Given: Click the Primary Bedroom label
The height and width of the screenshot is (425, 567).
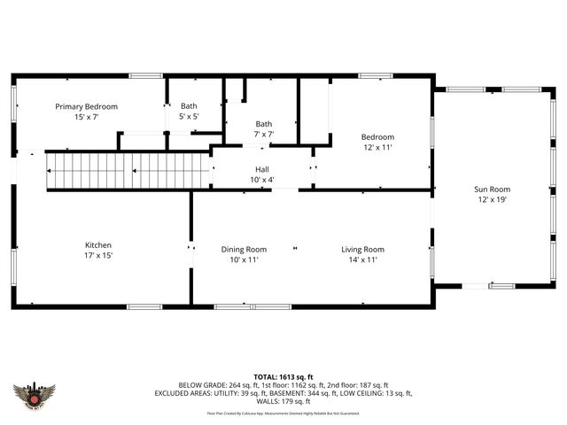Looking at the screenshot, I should pos(86,106).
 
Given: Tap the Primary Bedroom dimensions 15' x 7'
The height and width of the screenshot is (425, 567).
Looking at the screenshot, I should pos(86,116).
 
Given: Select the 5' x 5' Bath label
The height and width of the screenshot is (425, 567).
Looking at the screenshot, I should pos(190,106).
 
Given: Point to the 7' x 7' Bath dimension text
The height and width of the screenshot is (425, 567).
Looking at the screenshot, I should pos(264,135).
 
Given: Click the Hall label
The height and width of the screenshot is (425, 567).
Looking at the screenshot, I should pos(262,169).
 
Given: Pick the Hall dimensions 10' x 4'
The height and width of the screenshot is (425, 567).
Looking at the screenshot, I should pos(262,180).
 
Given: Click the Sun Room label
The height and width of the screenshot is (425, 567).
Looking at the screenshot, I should pos(492,189).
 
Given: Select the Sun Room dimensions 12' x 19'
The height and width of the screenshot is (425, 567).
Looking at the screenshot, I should pos(492,199).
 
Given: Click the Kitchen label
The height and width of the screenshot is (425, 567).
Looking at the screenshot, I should pos(98,245).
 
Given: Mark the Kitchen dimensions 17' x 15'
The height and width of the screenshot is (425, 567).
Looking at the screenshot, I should pos(98,255).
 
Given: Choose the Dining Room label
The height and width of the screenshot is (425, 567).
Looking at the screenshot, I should pos(244,250).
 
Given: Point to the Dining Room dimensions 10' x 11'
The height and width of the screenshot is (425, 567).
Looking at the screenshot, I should pos(244,259).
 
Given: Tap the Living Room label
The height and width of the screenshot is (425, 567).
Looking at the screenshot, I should pos(362,250).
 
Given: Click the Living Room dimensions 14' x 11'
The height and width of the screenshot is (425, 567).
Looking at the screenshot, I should pos(362,259).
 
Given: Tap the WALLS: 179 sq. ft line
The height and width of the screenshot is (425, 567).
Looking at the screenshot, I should pos(283,400).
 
